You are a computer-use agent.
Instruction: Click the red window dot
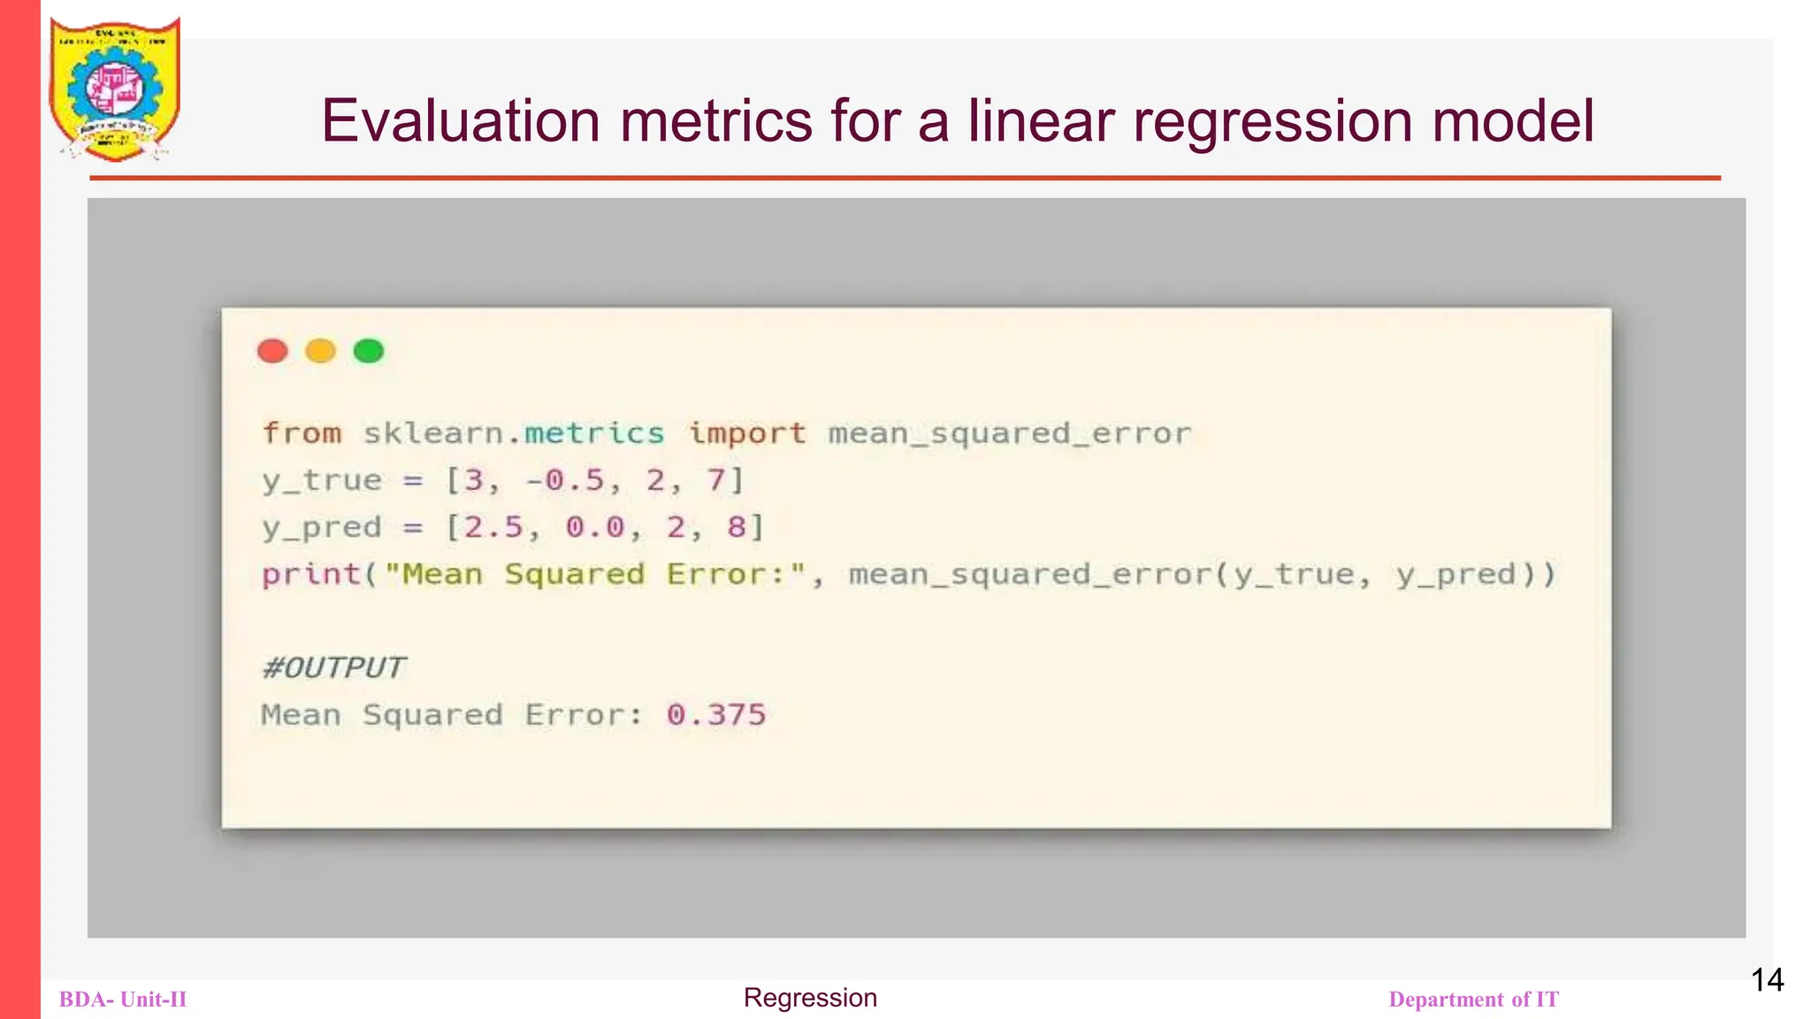[272, 351]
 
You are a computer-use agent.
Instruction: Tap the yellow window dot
[320, 351]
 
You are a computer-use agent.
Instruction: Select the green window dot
[369, 351]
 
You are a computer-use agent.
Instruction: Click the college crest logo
[115, 89]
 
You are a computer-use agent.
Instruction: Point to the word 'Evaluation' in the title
[460, 121]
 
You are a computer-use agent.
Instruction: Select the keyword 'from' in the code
[302, 433]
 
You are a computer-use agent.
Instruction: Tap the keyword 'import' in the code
[747, 433]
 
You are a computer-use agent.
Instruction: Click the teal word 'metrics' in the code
[593, 433]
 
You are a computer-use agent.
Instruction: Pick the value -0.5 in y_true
[565, 480]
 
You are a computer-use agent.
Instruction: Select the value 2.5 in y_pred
[493, 527]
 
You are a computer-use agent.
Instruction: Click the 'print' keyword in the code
[311, 574]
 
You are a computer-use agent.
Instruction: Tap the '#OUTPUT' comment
[333, 667]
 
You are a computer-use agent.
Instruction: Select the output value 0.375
[716, 715]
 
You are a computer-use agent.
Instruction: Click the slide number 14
[1767, 980]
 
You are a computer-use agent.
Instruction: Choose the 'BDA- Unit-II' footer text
[123, 1000]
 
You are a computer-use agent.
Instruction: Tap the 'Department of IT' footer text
[1473, 1000]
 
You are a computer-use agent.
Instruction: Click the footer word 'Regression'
[810, 998]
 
